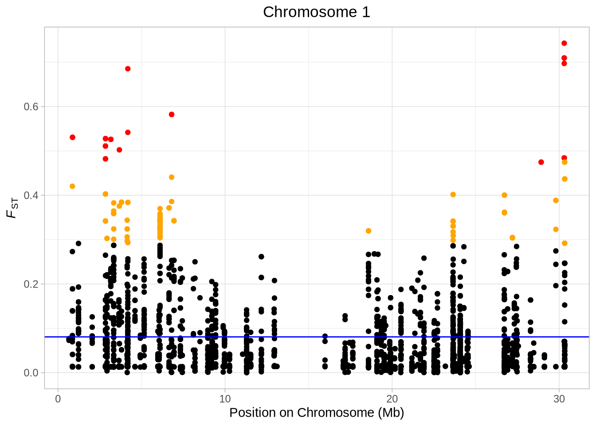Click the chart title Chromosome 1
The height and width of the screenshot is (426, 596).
316,12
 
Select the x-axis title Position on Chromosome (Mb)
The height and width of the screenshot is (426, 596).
316,413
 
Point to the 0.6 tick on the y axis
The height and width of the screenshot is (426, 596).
31,106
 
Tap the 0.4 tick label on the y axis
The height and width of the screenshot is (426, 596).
31,195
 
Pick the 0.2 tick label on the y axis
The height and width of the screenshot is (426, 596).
31,284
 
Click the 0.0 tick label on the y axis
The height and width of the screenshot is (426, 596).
31,373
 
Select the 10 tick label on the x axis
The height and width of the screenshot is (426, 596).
225,399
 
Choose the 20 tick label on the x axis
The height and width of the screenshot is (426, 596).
392,399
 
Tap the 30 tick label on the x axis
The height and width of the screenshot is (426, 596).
559,399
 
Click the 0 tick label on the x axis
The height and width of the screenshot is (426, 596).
58,399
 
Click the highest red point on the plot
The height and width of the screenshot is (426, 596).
564,43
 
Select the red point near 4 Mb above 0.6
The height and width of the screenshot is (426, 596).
128,69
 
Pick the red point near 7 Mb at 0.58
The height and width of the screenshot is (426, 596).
172,114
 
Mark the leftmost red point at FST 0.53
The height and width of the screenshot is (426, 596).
72,138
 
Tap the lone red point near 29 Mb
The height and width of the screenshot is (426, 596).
541,162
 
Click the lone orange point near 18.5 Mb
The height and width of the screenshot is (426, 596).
369,231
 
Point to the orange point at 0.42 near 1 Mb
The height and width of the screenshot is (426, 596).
72,186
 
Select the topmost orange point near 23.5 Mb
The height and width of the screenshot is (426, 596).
453,194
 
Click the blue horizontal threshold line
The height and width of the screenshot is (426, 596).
310,337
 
